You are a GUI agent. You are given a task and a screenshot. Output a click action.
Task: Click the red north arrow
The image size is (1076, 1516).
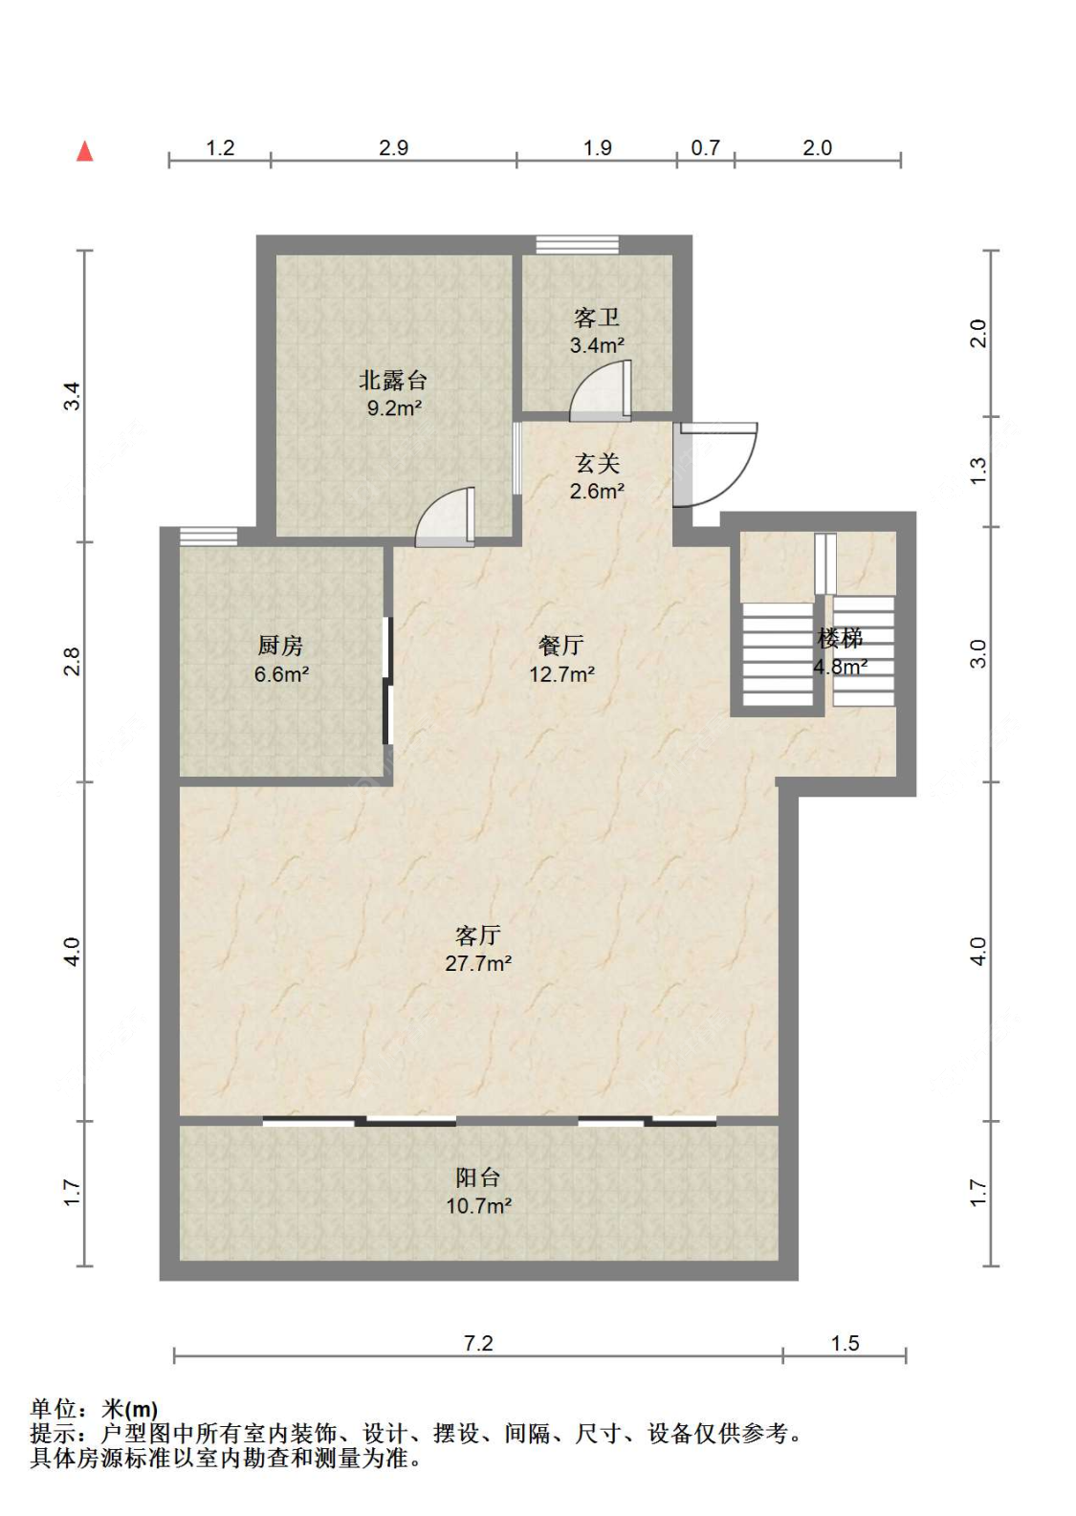point(84,151)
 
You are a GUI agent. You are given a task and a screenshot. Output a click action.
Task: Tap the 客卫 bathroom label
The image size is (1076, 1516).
point(596,317)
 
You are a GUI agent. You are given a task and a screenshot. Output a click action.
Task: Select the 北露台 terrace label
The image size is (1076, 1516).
point(393,381)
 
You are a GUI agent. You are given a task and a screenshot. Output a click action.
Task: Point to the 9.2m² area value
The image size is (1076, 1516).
point(394,408)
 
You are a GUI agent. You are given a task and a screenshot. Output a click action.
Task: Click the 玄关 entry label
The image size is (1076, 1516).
point(597,464)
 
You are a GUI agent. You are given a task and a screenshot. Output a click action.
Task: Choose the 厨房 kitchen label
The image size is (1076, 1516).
point(280,646)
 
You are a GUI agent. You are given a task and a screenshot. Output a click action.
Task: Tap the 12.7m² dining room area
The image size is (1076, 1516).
point(561,674)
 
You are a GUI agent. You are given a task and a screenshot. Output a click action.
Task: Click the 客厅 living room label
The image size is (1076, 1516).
point(478,935)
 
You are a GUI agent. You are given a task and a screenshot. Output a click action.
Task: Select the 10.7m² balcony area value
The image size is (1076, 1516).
point(478,1205)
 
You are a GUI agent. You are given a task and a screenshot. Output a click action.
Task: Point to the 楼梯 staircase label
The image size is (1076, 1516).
point(840,638)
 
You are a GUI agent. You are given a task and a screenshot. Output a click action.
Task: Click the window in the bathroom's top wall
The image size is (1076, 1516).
point(578,244)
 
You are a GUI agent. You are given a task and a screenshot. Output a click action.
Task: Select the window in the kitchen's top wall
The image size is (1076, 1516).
point(209,536)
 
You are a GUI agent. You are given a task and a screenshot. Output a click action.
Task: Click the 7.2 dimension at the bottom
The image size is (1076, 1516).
point(478,1343)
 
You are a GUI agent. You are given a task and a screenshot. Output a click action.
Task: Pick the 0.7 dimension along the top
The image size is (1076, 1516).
point(705,147)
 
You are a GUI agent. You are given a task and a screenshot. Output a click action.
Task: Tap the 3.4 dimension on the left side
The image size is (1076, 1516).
point(72,396)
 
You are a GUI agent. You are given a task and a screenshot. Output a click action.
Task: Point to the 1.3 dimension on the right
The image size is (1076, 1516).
point(978,471)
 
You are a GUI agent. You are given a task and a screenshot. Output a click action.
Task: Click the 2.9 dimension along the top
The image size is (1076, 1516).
point(393,147)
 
